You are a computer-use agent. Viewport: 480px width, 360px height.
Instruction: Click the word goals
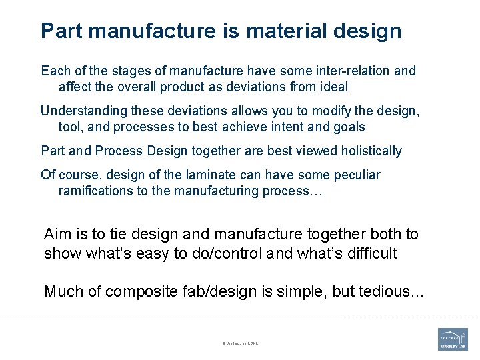[x=349, y=127]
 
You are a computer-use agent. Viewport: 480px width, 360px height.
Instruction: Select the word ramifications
[x=97, y=191]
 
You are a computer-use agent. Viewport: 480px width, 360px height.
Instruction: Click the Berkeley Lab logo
[x=453, y=339]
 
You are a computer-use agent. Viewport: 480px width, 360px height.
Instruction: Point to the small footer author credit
[x=240, y=343]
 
